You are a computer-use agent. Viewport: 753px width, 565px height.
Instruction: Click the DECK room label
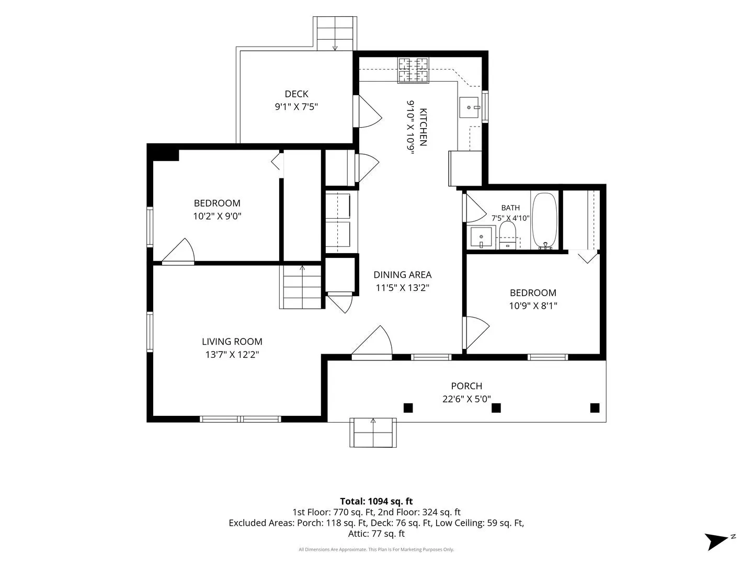[296, 94]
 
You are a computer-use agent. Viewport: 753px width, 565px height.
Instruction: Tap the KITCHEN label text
[423, 127]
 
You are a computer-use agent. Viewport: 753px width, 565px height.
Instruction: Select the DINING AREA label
[403, 275]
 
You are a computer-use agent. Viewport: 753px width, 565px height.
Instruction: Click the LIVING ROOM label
[232, 341]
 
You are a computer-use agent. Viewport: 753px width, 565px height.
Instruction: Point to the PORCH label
[466, 386]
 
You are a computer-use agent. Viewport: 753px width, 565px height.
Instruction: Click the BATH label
[510, 208]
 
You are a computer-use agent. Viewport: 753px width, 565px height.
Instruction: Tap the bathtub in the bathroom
[544, 220]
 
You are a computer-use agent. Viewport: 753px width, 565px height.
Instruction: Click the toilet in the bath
[508, 235]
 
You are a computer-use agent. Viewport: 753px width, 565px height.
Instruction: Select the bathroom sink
[481, 236]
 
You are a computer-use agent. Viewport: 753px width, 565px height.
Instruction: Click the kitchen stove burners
[413, 70]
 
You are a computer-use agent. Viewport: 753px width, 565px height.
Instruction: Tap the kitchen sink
[469, 107]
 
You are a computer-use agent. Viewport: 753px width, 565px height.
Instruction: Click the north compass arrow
[716, 541]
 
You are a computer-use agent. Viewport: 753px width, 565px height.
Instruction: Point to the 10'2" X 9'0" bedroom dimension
[217, 216]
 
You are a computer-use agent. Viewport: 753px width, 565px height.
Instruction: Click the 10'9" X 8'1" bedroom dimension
[533, 306]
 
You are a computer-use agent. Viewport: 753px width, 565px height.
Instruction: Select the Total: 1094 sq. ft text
[376, 501]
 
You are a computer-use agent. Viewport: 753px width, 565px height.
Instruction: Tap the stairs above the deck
[335, 33]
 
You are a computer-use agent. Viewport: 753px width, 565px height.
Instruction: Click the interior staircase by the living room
[302, 287]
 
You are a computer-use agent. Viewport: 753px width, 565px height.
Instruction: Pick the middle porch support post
[496, 408]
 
